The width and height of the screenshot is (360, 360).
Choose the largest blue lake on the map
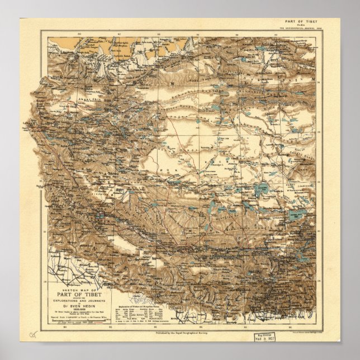(261, 190)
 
